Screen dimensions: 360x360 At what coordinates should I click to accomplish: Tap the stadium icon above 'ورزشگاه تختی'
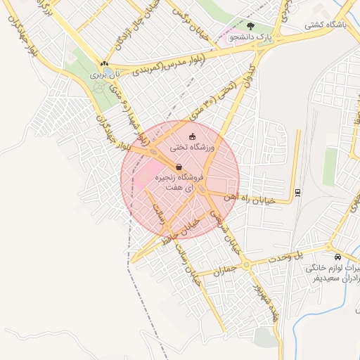tap(193, 136)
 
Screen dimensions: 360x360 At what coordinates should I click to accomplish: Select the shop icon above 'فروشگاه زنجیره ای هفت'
tap(179, 167)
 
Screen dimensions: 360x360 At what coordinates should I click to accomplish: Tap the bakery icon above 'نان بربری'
tap(104, 63)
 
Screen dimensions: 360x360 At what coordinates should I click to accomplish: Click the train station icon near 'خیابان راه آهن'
tap(298, 192)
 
